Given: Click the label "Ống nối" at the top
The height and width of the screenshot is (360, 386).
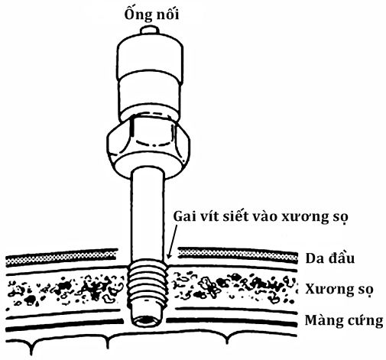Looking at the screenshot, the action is [x=151, y=15].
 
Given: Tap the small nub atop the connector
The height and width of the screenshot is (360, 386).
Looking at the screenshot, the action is [x=150, y=30].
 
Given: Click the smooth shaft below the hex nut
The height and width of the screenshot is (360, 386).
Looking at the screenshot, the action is [x=148, y=214].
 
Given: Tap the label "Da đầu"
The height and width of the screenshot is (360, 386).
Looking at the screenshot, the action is [x=330, y=258].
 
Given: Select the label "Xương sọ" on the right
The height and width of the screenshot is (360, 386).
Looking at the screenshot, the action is [x=339, y=290].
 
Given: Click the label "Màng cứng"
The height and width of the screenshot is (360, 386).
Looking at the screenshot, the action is [x=344, y=321].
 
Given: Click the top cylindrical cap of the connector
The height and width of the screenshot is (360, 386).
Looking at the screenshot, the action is [x=150, y=59].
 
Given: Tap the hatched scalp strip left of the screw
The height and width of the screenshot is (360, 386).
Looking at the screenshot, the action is [x=61, y=257].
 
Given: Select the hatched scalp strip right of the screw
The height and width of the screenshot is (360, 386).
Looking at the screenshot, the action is [x=238, y=254].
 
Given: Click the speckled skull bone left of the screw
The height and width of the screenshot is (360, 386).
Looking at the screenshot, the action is [x=65, y=290].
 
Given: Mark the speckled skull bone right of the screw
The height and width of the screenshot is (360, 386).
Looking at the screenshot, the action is [x=234, y=287].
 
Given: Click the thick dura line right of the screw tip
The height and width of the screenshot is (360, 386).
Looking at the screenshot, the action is [x=232, y=322].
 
